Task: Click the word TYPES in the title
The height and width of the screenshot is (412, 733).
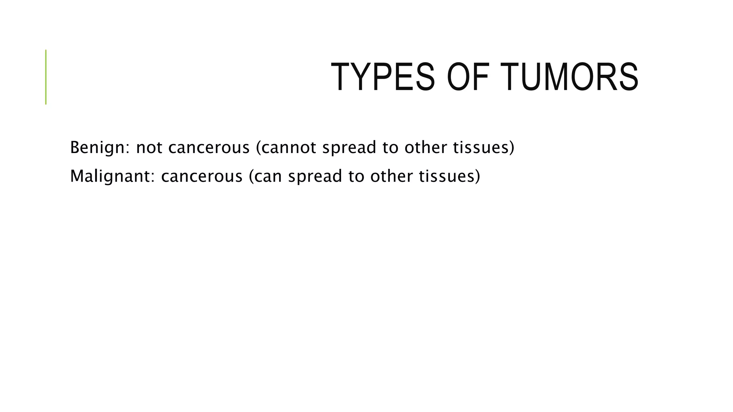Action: tap(383, 77)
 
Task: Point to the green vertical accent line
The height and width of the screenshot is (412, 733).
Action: tap(46, 77)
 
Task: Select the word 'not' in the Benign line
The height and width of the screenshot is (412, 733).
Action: tap(149, 147)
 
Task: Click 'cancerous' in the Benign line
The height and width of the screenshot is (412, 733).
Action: tap(209, 147)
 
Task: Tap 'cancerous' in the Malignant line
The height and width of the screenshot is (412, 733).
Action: tap(202, 176)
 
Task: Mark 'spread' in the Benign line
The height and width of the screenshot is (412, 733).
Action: tap(349, 147)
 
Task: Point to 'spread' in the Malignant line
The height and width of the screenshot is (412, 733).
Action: tap(315, 176)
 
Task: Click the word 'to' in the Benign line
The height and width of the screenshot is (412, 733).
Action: tap(390, 147)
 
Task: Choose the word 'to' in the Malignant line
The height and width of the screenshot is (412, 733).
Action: tap(356, 176)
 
